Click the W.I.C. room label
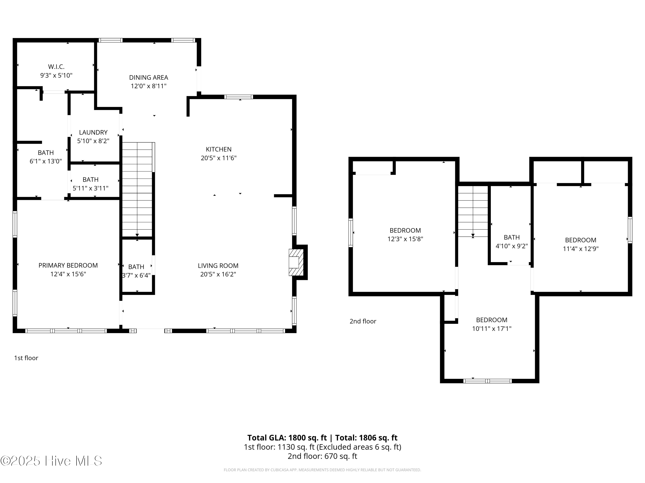pos(56,67)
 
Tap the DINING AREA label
pos(149,77)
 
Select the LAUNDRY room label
pos(93,132)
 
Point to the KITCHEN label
pos(219,149)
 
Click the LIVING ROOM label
pos(218,266)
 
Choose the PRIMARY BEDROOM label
pos(68,266)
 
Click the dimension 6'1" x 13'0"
pos(46,161)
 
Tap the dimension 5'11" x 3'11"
pos(91,188)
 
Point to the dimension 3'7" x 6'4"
pos(136,275)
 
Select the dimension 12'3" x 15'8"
pos(405,239)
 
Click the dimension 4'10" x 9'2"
pos(512,246)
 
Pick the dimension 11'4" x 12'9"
pos(580,249)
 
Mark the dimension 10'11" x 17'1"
pos(492,329)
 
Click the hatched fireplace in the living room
pos(296,262)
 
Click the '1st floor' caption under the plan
pos(26,358)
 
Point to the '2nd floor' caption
pos(363,321)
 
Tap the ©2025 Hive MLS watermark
pos(51,461)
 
